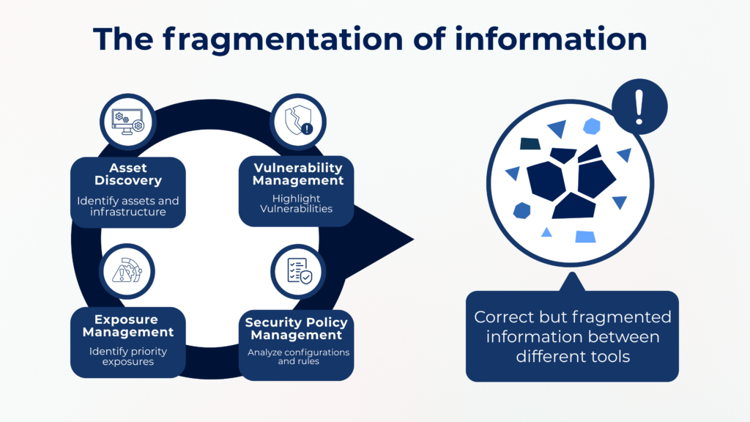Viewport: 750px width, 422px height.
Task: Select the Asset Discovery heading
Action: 128,174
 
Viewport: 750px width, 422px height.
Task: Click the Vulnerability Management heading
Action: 298,174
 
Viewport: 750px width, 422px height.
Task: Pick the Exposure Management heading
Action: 127,326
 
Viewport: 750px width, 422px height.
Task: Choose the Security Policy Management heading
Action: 297,329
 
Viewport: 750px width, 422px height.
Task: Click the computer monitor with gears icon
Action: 127,122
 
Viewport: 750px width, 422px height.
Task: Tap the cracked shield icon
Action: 299,121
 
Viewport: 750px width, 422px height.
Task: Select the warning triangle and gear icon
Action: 127,271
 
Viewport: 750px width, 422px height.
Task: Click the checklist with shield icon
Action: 300,271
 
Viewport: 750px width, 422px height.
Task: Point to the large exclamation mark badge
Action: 639,107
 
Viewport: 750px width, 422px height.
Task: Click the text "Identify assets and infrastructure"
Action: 128,206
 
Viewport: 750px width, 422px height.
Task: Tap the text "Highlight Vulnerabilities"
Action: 297,204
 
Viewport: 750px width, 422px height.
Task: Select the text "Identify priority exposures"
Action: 128,357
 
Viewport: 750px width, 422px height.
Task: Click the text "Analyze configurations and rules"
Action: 299,357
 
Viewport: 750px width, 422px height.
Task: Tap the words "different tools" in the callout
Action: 573,357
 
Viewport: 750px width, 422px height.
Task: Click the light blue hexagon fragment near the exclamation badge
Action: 592,126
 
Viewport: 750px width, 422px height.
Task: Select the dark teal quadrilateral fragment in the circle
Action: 530,144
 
